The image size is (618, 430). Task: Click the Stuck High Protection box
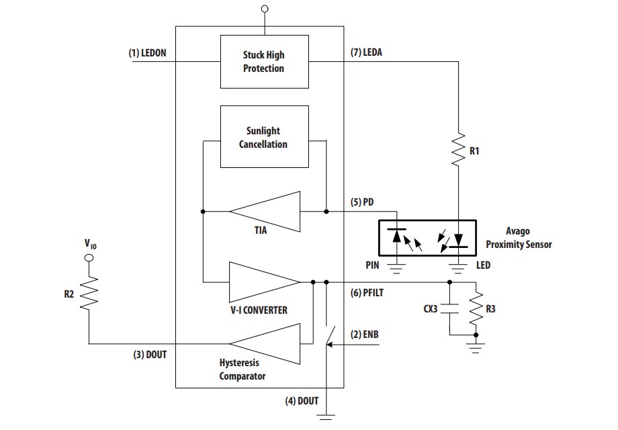click(263, 62)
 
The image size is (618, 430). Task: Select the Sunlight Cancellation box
click(263, 138)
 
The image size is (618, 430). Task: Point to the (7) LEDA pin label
click(366, 52)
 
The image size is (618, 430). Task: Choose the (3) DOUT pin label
click(149, 355)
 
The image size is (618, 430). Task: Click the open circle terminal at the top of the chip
click(264, 9)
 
